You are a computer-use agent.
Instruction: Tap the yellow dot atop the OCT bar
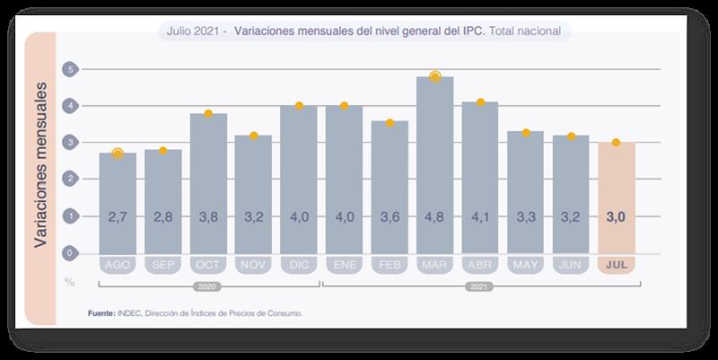(208, 113)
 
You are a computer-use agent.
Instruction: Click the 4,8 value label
(434, 216)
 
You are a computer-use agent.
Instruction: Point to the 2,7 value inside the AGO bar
(118, 216)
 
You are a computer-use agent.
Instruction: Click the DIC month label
(299, 266)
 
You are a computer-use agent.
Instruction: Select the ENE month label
(344, 266)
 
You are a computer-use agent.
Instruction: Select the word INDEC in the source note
(131, 313)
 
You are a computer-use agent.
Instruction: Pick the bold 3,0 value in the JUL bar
(616, 216)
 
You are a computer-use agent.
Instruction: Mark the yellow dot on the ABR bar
(480, 102)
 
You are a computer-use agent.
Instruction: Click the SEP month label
(162, 266)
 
